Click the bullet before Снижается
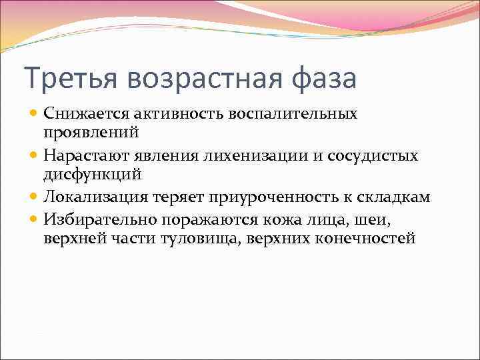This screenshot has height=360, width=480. [35, 114]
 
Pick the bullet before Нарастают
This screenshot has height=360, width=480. [35, 156]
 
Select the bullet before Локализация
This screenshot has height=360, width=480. [35, 197]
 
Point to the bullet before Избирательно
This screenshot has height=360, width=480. [35, 218]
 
